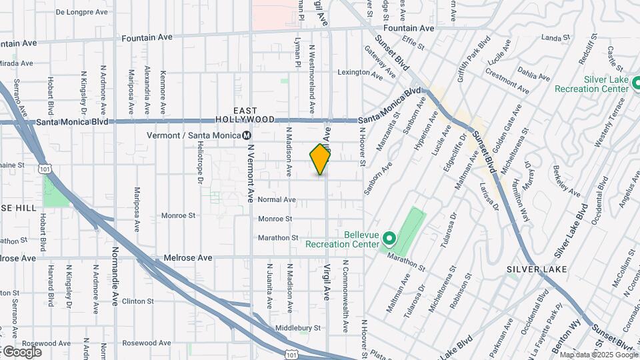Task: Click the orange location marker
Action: tap(321, 159)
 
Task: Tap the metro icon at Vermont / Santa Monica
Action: tap(247, 135)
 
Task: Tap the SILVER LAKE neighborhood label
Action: tap(537, 269)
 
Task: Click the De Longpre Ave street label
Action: tap(81, 12)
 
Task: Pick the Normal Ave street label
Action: tap(277, 199)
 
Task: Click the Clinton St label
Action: tap(138, 301)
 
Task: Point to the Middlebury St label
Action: tap(298, 328)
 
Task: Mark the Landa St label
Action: tap(553, 38)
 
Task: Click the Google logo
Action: tap(22, 351)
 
